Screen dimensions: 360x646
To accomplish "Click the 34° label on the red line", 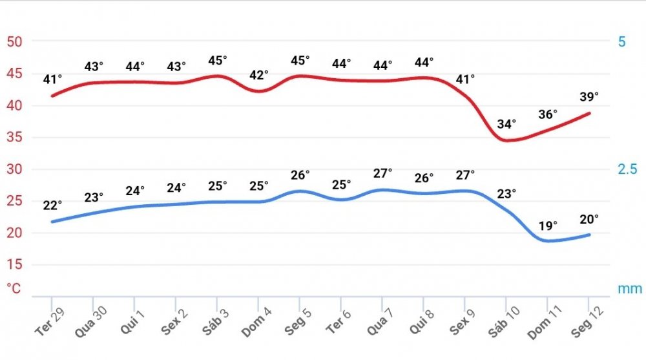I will pyautogui.click(x=507, y=124).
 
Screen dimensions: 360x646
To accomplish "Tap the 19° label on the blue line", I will pyautogui.click(x=547, y=227).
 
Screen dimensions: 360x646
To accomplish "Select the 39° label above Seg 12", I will pyautogui.click(x=589, y=96).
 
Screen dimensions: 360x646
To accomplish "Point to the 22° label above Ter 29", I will pyautogui.click(x=52, y=206).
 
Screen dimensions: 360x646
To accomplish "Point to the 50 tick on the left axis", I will pyautogui.click(x=14, y=42).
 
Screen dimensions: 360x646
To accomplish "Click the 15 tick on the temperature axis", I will pyautogui.click(x=14, y=265).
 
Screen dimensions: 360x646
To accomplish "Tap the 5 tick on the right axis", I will pyautogui.click(x=622, y=42).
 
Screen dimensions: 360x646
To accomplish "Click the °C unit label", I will pyautogui.click(x=14, y=288).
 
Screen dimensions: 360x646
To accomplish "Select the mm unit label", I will pyautogui.click(x=630, y=288).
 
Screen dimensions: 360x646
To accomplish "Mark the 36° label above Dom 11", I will pyautogui.click(x=547, y=114).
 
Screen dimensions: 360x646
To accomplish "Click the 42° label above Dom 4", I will pyautogui.click(x=259, y=75).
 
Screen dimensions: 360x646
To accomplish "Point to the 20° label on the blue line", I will pyautogui.click(x=589, y=219).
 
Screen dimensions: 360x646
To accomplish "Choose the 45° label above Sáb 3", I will pyautogui.click(x=218, y=60).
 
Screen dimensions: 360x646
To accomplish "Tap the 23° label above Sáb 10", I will pyautogui.click(x=507, y=194).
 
